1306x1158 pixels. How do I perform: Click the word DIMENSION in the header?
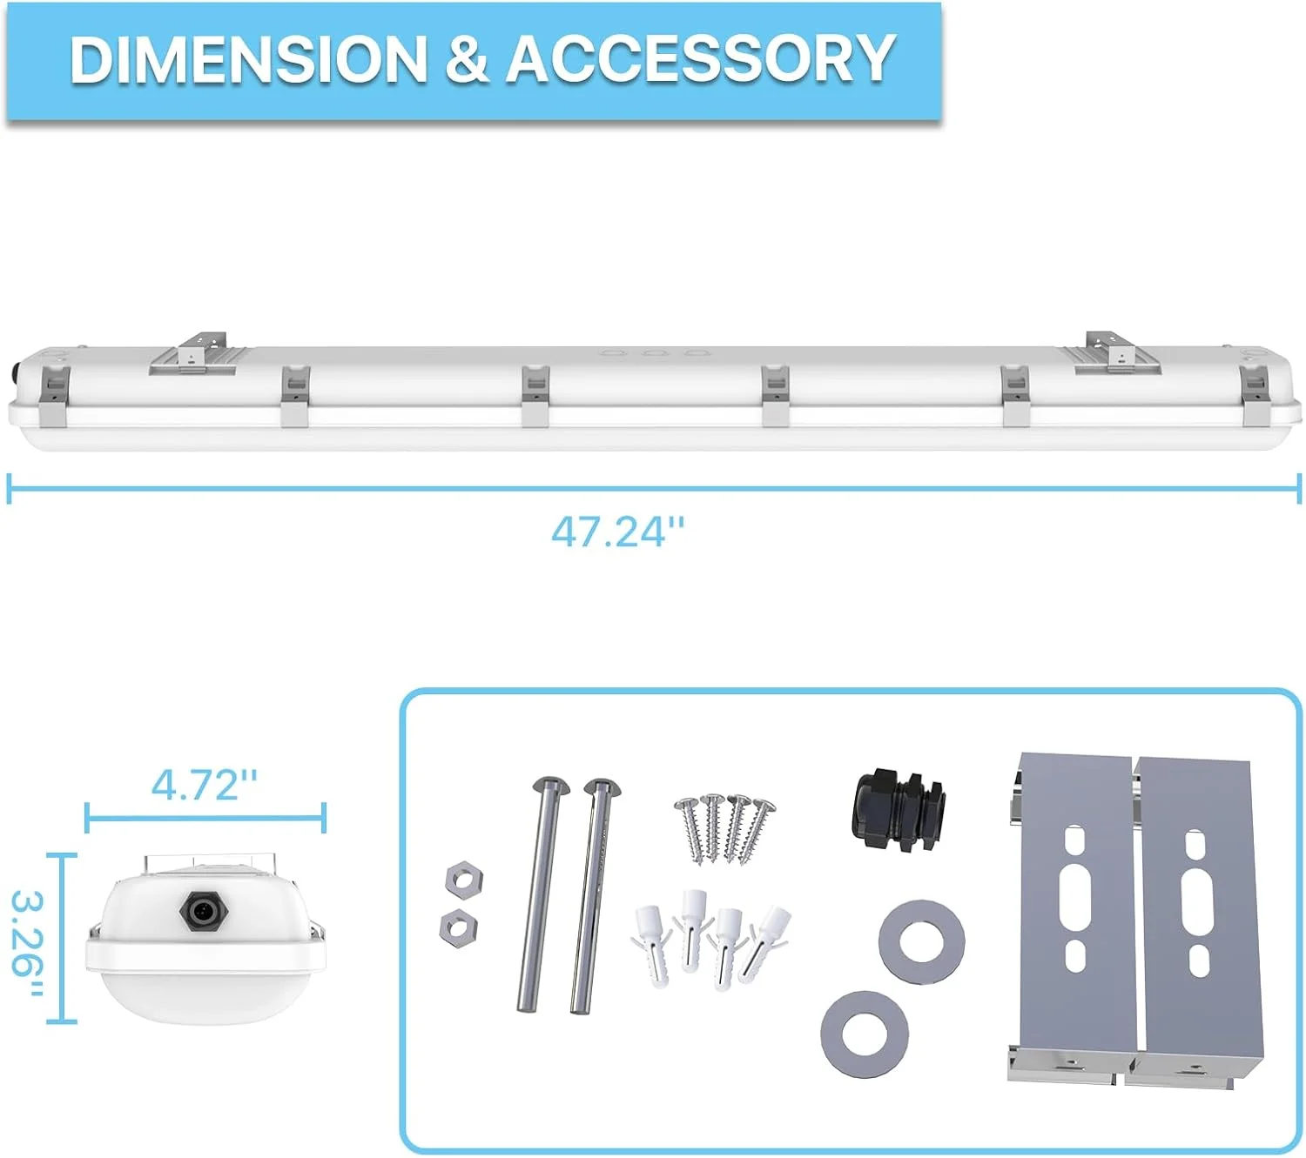tap(248, 59)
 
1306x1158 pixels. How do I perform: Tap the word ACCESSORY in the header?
tap(701, 59)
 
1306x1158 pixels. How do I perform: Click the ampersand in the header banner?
tap(467, 59)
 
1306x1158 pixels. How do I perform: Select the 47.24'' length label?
tap(617, 532)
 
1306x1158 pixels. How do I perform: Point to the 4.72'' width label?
tap(205, 786)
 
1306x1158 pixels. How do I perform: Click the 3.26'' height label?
tap(28, 945)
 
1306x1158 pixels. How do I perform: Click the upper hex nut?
tap(463, 879)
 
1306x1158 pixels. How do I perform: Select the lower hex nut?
tap(458, 928)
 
